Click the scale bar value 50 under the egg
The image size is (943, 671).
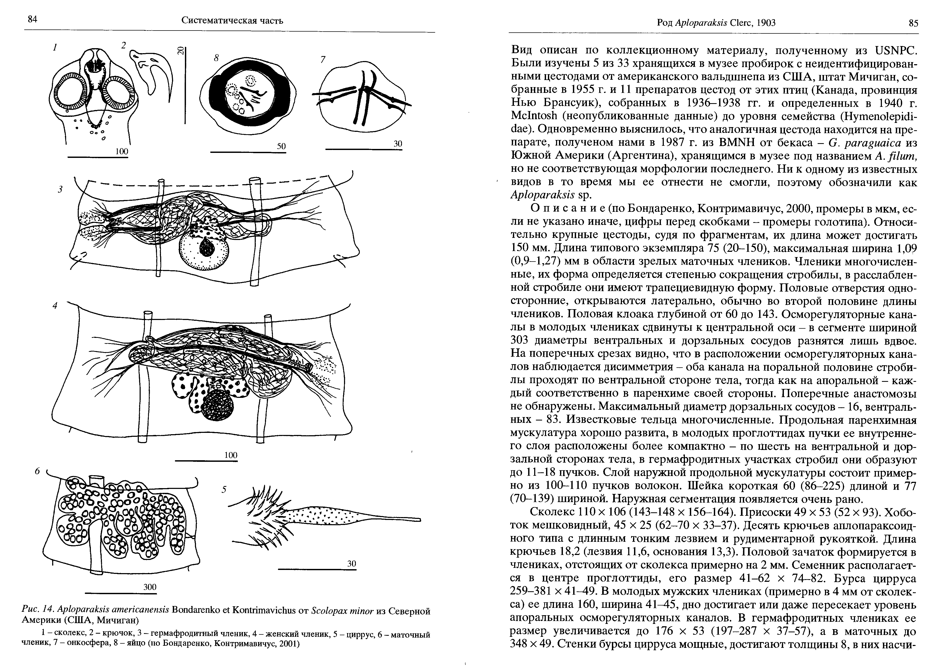(x=282, y=146)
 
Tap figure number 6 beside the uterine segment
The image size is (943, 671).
(x=37, y=471)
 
